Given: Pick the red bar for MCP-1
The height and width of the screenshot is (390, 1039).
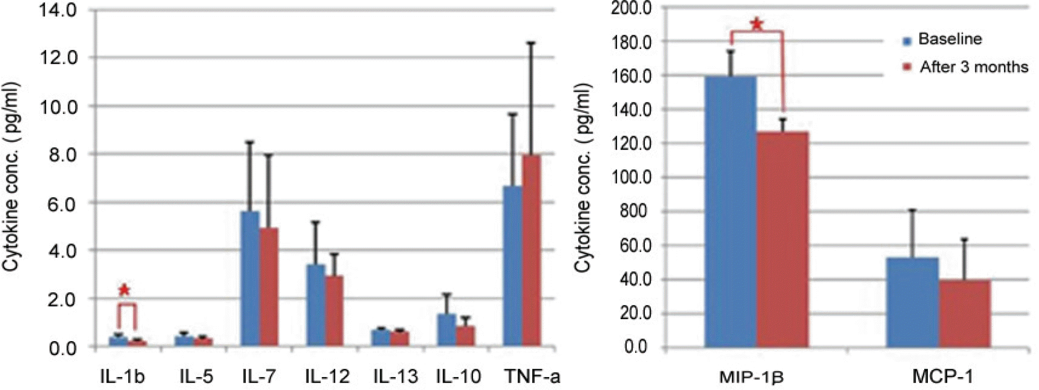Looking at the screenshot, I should pyautogui.click(x=964, y=313).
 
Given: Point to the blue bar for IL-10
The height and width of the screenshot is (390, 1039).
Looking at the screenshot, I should pyautogui.click(x=446, y=329).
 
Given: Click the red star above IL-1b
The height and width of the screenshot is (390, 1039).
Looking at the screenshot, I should pyautogui.click(x=124, y=290).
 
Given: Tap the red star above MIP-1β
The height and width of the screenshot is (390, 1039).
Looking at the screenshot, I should pyautogui.click(x=757, y=24).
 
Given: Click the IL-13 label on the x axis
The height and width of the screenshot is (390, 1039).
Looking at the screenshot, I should pyautogui.click(x=395, y=377).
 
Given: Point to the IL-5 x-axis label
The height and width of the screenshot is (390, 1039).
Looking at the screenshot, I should pyautogui.click(x=196, y=377).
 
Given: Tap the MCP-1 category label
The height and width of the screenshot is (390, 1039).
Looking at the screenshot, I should pyautogui.click(x=942, y=377).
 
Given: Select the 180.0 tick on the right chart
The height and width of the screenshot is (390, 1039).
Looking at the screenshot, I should pyautogui.click(x=631, y=42).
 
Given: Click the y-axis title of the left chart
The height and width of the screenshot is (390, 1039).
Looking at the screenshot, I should pyautogui.click(x=12, y=177).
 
